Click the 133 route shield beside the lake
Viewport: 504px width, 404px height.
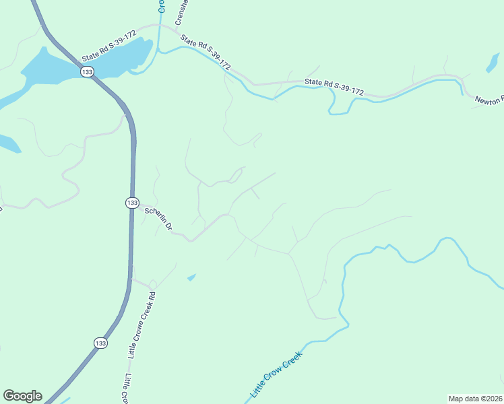pyautogui.click(x=88, y=72)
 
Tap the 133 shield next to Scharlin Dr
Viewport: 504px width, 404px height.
pyautogui.click(x=132, y=202)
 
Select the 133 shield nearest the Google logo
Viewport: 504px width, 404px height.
pyautogui.click(x=100, y=343)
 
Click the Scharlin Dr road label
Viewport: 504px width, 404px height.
pyautogui.click(x=160, y=220)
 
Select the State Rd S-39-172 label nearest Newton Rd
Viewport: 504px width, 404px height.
pyautogui.click(x=334, y=86)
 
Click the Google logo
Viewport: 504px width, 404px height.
pyautogui.click(x=22, y=396)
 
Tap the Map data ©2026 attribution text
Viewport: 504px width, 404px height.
pyautogui.click(x=474, y=398)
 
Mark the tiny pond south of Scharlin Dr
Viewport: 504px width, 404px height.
pyautogui.click(x=192, y=277)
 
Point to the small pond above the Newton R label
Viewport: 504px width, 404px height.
pyautogui.click(x=493, y=61)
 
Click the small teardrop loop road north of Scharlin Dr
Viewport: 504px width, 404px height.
pyautogui.click(x=236, y=176)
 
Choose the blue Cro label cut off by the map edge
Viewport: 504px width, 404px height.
pyautogui.click(x=161, y=5)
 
